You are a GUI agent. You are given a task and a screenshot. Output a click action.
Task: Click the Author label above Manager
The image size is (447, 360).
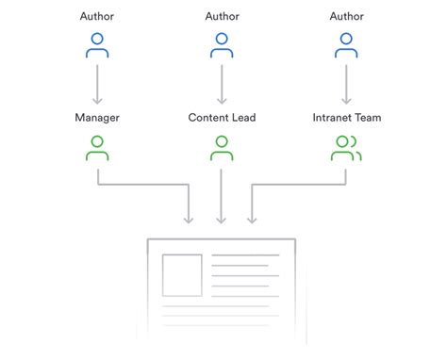98,16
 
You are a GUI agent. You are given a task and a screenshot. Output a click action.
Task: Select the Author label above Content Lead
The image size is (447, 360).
222,16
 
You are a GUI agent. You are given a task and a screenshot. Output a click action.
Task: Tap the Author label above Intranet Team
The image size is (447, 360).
346,16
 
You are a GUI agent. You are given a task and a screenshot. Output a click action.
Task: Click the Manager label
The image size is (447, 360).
98,119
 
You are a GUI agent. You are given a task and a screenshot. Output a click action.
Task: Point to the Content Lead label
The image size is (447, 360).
222,119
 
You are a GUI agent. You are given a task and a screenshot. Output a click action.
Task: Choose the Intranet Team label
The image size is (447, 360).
346,119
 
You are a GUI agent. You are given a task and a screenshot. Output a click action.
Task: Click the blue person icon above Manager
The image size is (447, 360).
98,44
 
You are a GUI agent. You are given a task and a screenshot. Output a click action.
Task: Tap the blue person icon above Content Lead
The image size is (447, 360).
222,44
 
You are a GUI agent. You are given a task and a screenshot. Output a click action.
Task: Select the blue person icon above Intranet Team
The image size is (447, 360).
346,44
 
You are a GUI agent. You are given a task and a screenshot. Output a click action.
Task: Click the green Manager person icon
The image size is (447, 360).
98,147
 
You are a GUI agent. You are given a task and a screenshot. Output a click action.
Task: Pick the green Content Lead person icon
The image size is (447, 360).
222,147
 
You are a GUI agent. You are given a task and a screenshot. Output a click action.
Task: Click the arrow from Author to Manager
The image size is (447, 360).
98,85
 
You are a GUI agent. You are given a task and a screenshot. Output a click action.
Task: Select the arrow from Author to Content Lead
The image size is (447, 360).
222,85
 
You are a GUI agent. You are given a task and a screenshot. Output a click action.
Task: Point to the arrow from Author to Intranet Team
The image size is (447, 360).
346,85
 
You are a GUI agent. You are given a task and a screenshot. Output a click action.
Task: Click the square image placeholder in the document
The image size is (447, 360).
181,274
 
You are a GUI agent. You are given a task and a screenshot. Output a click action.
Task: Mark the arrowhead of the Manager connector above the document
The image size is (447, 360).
190,220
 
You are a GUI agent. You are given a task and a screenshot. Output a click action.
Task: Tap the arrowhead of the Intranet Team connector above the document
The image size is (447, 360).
252,220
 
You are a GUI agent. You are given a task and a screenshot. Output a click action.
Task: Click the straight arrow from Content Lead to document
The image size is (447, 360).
222,193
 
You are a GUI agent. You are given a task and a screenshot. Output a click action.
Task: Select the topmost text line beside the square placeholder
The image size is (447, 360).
245,255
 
